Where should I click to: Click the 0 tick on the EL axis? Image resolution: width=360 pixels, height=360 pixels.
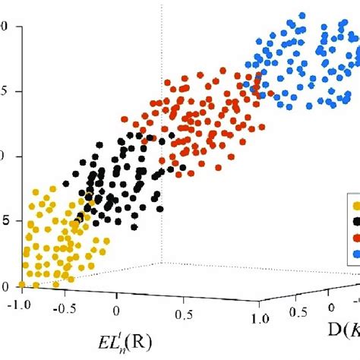116,311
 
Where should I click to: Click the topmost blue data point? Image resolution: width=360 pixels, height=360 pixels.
302,15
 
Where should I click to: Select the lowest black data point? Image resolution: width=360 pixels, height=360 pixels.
134,226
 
